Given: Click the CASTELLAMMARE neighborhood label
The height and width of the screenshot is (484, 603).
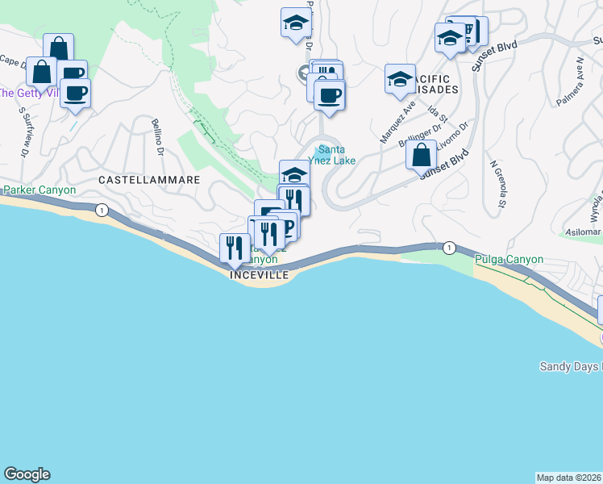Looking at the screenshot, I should point(148,179).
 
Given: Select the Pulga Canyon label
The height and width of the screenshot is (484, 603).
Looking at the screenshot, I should point(509,260).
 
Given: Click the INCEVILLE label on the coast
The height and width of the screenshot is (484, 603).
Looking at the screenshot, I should point(259,274).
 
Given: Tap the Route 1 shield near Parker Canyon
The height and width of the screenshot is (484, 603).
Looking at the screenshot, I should point(102,210).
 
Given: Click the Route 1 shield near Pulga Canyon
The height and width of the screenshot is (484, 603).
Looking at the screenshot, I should point(449,247).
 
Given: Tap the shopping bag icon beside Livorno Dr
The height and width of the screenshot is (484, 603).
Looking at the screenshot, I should point(421,155).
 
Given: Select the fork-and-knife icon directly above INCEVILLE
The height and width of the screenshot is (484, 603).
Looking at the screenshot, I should point(235,248).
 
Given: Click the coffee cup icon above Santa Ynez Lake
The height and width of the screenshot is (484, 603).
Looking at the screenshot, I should point(329,95).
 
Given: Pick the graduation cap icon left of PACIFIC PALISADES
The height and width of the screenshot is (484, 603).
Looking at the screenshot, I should point(400,79).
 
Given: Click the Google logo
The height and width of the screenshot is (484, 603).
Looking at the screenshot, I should point(27,474).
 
